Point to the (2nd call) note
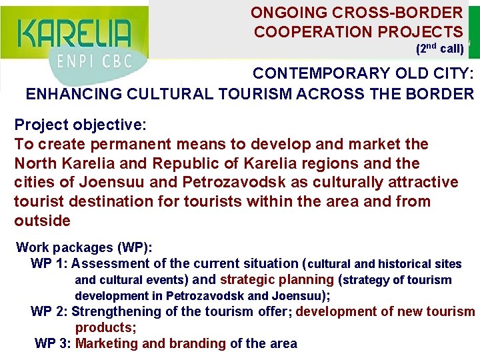pos(439,49)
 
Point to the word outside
pos(42,221)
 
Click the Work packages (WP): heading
pos(85,247)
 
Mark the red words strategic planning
pos(276,279)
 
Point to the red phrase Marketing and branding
pos(151,343)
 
